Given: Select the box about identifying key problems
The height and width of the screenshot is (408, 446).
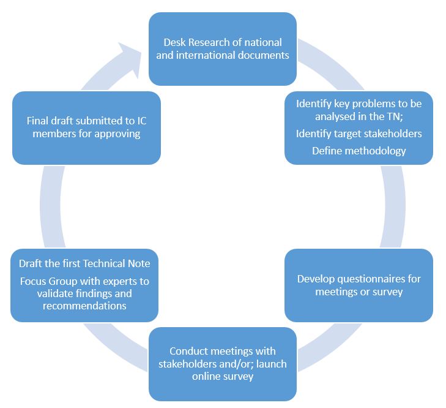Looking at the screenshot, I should coord(359,127).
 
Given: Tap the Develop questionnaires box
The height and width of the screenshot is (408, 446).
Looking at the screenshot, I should coord(359,285).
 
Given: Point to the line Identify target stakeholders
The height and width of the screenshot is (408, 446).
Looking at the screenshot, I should coord(359,134).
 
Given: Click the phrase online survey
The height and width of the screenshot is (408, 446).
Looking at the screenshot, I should coord(223,376).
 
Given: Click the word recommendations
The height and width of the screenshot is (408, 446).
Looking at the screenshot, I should coord(84,305).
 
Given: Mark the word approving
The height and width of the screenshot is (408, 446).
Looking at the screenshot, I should coord(116,133).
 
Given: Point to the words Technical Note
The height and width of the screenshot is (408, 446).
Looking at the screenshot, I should coord(116,263).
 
